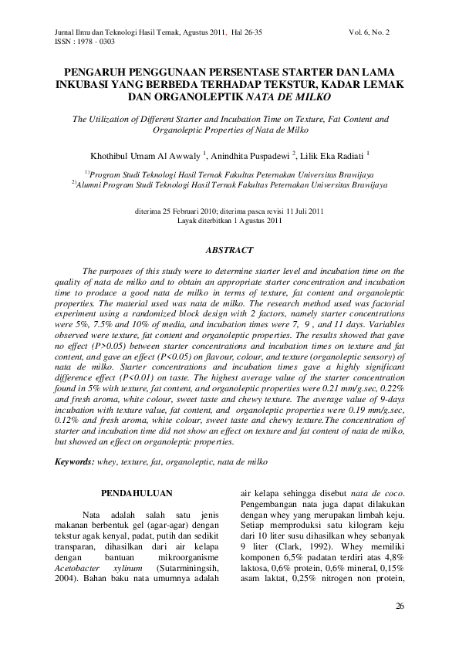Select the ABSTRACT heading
[x=229, y=251]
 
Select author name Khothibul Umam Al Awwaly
[x=135, y=154]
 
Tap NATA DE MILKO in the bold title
[x=289, y=97]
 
